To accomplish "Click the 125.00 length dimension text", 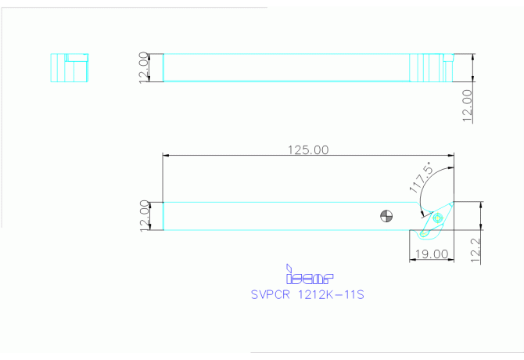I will (x=309, y=149).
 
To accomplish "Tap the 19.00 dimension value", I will (x=433, y=254).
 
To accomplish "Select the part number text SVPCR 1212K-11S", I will (x=308, y=295).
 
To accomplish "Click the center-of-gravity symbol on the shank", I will (x=386, y=216).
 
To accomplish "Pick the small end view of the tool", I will (x=69, y=67).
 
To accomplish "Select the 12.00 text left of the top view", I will (x=143, y=68).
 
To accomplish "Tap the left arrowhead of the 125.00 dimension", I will (x=165, y=156).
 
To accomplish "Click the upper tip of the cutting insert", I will (x=447, y=207).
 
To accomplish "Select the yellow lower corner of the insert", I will (x=422, y=234).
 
